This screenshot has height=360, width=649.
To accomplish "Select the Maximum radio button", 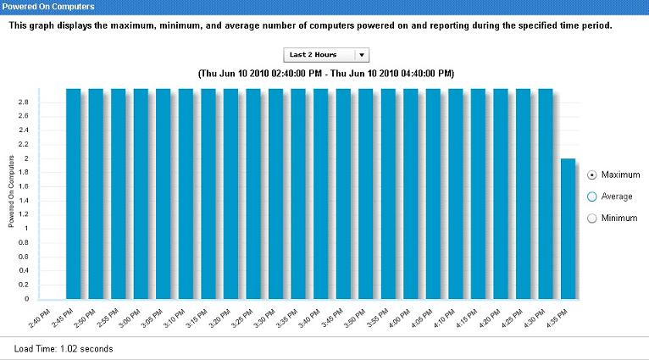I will coord(592,175).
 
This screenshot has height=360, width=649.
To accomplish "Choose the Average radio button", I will coord(592,197).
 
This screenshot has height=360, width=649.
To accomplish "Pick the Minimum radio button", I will coord(592,219).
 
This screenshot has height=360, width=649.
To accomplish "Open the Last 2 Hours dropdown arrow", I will coord(362,54).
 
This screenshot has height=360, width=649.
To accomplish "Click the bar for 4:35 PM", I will coord(569,229).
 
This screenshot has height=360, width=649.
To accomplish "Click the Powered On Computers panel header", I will coord(42,6).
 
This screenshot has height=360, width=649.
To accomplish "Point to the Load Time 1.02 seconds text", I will coord(64,348).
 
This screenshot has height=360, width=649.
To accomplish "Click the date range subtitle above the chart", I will coord(325,74).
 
